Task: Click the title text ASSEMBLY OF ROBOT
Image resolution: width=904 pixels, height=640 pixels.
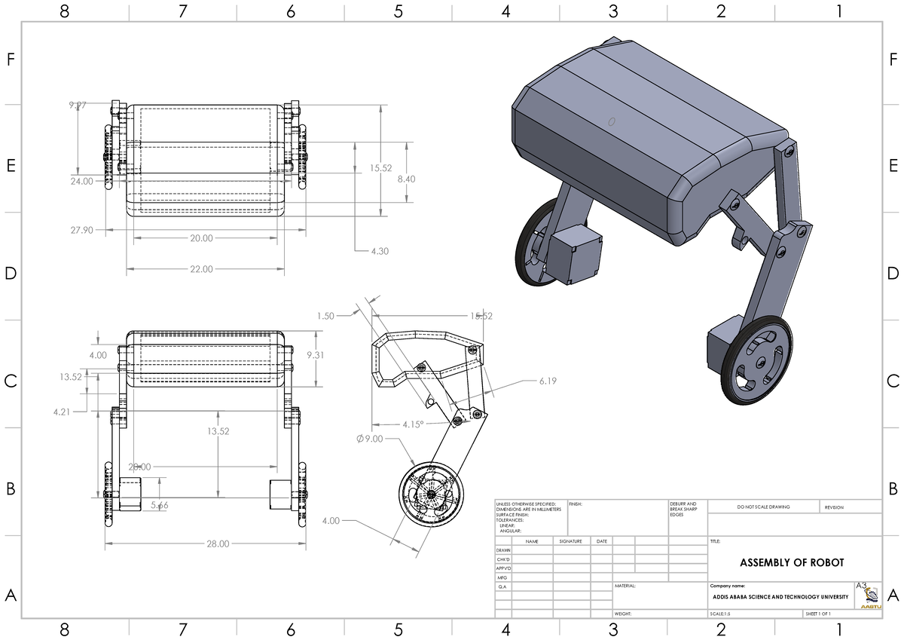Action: click(792, 563)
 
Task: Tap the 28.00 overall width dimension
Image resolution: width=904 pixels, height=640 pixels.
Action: click(213, 544)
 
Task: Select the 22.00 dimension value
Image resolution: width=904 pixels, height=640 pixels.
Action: click(201, 269)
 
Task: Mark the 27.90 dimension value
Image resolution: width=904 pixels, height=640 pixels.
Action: click(82, 230)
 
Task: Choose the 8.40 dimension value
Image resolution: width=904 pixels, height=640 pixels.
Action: click(406, 179)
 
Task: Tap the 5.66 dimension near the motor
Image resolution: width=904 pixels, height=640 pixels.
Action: click(159, 505)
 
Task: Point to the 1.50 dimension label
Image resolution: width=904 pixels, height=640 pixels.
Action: click(325, 316)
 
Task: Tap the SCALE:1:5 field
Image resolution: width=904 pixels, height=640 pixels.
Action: click(720, 614)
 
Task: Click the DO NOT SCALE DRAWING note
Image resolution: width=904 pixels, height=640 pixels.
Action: click(764, 507)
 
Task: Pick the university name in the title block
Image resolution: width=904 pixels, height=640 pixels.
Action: click(780, 597)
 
